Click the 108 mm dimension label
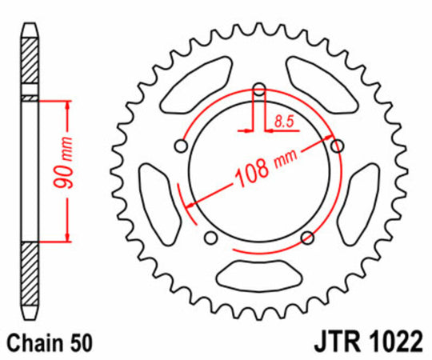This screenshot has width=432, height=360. pyautogui.click(x=261, y=170)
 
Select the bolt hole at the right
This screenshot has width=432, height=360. pyautogui.click(x=336, y=145)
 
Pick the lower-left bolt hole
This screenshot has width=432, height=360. pyautogui.click(x=210, y=237)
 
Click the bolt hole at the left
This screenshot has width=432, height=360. pyautogui.click(x=181, y=146)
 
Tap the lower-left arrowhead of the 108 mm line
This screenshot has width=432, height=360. pyautogui.click(x=190, y=206)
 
